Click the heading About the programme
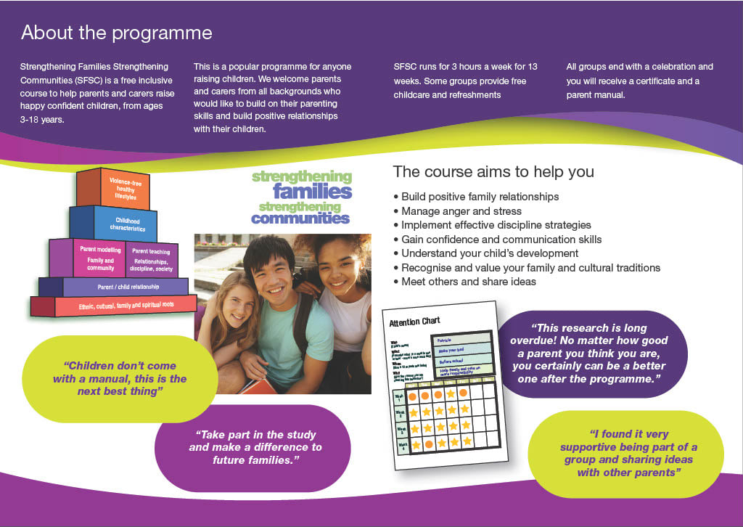point(116,33)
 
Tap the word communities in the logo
point(300,217)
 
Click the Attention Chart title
point(414,321)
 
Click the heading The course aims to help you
point(493,172)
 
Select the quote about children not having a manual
point(120,378)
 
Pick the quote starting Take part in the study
point(255,447)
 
